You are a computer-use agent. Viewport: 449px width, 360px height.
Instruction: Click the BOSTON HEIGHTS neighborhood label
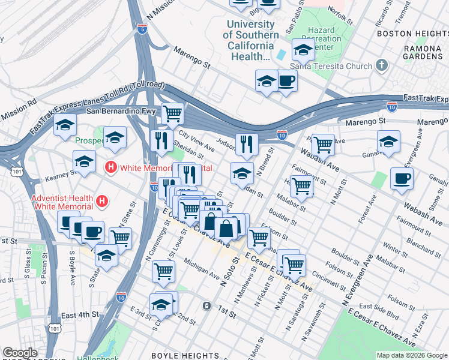coord(412,34)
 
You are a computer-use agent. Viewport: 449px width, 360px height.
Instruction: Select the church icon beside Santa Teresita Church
coord(381,65)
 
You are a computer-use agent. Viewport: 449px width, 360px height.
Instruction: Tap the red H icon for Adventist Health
coord(103,200)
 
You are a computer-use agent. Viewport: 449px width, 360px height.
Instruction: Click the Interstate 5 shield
coord(141,29)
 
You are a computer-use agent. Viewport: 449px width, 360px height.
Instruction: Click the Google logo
coord(20,353)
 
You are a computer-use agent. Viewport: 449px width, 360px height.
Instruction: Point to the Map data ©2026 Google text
coord(411,355)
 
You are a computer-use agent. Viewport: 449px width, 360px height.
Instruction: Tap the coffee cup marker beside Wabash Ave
coord(401,178)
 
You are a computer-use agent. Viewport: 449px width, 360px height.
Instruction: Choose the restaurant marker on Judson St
coord(246,143)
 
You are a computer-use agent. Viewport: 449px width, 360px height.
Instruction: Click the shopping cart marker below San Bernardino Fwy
coord(172,112)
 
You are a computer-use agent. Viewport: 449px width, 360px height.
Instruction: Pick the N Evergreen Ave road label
coord(359,280)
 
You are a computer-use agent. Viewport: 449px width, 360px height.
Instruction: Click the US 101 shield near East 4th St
coord(55,328)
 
